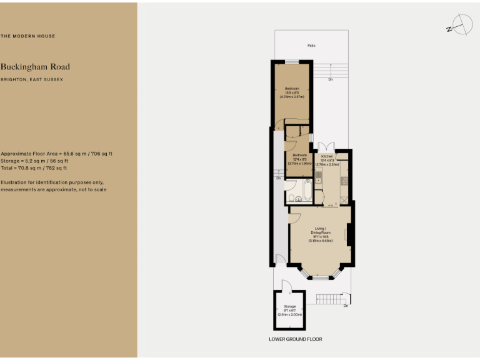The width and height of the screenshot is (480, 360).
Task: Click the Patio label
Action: [x=311, y=46]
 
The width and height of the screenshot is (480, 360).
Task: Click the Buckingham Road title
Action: [x=35, y=67]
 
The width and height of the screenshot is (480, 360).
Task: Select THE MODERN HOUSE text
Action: [x=27, y=36]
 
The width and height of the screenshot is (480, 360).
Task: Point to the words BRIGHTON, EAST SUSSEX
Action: [x=32, y=80]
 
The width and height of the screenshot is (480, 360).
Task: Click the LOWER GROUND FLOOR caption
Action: [x=296, y=339]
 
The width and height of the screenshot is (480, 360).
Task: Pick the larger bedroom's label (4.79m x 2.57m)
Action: [x=292, y=92]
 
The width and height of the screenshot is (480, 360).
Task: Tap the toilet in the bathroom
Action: [x=298, y=199]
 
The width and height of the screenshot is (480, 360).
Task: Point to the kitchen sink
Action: [x=318, y=174]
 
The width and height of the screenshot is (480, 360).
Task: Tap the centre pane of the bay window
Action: [x=320, y=275]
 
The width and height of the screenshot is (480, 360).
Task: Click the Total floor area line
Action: [x=34, y=168]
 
